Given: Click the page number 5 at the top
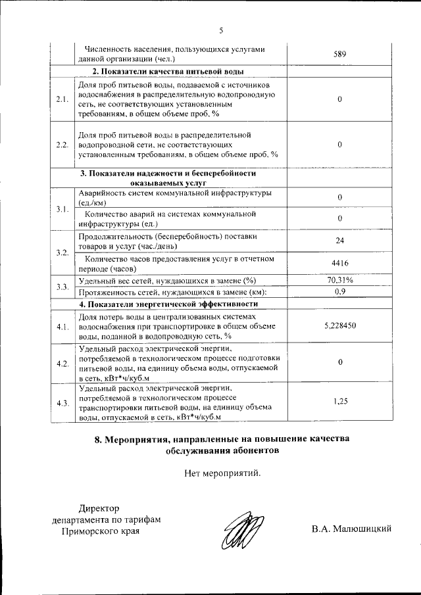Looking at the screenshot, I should tap(221, 30).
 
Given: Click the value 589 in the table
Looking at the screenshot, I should tap(339, 54).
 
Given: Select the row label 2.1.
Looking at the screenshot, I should tap(62, 99).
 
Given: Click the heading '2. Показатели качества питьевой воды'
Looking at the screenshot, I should tap(168, 71).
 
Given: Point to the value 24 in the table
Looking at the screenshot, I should tap(339, 241).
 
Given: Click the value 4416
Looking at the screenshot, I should tap(339, 264).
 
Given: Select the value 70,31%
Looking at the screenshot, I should tap(340, 281).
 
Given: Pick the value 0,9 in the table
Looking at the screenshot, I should tap(340, 291).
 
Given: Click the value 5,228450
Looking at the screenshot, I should tap(340, 325).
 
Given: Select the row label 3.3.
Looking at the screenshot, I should tap(62, 287).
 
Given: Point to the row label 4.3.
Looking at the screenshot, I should tap(62, 403).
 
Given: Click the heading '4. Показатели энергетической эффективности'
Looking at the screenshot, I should tap(168, 304).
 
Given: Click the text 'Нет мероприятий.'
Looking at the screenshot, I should tap(222, 472).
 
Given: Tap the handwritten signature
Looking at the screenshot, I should tap(241, 531).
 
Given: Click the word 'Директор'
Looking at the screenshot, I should tap(100, 508).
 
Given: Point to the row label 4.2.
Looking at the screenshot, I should tap(62, 364).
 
